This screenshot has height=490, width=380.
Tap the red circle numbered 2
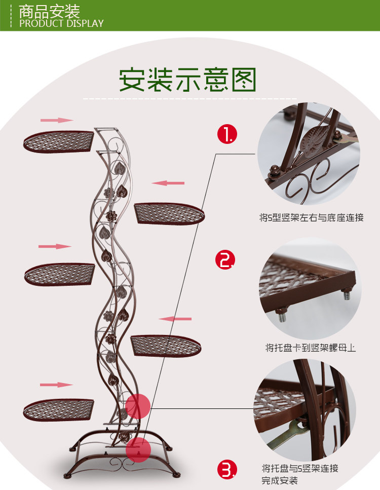(x=225, y=260)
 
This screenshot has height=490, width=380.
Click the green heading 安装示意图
(x=188, y=80)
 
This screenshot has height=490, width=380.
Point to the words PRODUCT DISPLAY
(x=61, y=23)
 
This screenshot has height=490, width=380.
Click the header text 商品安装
(x=49, y=11)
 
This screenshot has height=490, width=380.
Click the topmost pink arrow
(x=57, y=120)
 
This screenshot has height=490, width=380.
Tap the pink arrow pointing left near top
(x=168, y=182)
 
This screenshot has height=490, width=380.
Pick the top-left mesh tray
(x=58, y=141)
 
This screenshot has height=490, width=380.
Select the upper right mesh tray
(x=169, y=213)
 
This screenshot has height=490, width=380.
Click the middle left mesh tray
(x=59, y=274)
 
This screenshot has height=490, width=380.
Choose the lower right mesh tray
(x=166, y=346)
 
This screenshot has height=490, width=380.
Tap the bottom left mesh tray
(x=58, y=409)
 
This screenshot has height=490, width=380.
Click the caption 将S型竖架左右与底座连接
(x=312, y=218)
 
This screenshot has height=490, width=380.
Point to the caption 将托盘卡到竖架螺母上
(x=311, y=348)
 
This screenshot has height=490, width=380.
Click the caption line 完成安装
(x=280, y=480)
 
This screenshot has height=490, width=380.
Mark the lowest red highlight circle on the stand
(x=138, y=449)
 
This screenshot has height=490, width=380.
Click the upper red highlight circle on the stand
(x=138, y=406)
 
